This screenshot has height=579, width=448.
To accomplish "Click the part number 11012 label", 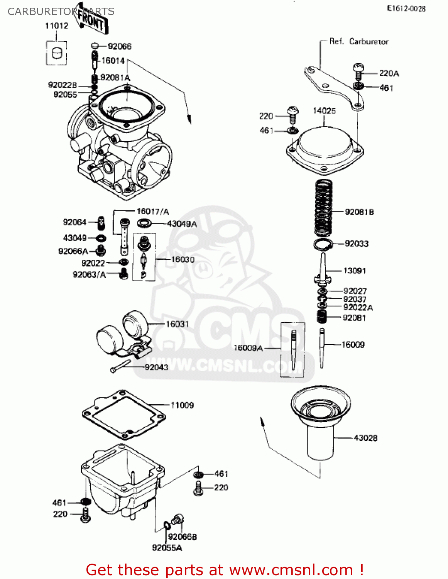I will (x=56, y=26).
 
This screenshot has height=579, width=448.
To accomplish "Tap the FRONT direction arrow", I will (x=91, y=19).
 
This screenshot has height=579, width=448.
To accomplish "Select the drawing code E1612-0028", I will (x=406, y=9).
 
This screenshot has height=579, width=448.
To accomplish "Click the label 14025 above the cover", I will (x=324, y=111).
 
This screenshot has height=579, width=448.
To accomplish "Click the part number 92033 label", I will (x=357, y=244).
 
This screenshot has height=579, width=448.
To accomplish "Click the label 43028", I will (x=365, y=438).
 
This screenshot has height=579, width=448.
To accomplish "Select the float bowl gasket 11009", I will (x=123, y=415).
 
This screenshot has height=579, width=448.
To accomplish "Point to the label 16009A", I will (x=248, y=348).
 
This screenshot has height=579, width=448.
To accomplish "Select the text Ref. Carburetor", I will (x=359, y=41).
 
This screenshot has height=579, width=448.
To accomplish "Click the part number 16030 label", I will (x=183, y=259).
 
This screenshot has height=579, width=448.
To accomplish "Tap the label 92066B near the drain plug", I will (x=182, y=537).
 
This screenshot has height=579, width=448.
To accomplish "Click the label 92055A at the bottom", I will (x=167, y=548).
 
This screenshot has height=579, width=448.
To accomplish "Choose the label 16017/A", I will (x=153, y=211).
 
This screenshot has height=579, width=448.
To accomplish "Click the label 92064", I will (x=74, y=222).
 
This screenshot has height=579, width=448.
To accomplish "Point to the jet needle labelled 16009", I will (x=322, y=347).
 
